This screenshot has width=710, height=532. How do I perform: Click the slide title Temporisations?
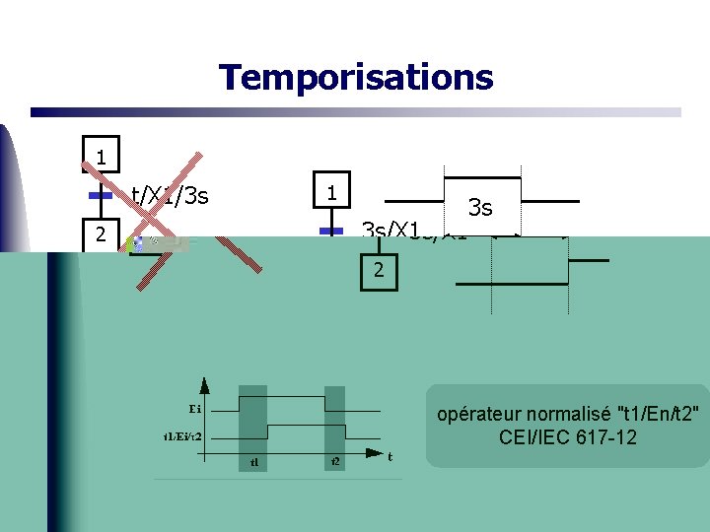(355, 76)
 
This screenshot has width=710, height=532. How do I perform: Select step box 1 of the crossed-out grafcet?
(101, 156)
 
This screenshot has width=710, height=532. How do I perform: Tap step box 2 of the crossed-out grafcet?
(101, 234)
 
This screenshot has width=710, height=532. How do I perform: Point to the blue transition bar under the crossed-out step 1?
(100, 196)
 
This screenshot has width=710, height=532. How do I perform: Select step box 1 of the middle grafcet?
(333, 191)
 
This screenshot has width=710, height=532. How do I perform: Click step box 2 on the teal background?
(378, 271)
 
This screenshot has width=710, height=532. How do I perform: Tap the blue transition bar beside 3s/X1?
(332, 231)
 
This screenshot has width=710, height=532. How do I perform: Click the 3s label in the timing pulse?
(480, 208)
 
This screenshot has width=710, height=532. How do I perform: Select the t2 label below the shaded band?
(335, 461)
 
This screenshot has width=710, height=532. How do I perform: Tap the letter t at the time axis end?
(390, 456)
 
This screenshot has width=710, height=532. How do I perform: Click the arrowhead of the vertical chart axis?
(203, 382)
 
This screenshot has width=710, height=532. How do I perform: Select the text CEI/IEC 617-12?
(568, 436)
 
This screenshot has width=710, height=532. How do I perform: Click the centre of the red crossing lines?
(198, 214)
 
